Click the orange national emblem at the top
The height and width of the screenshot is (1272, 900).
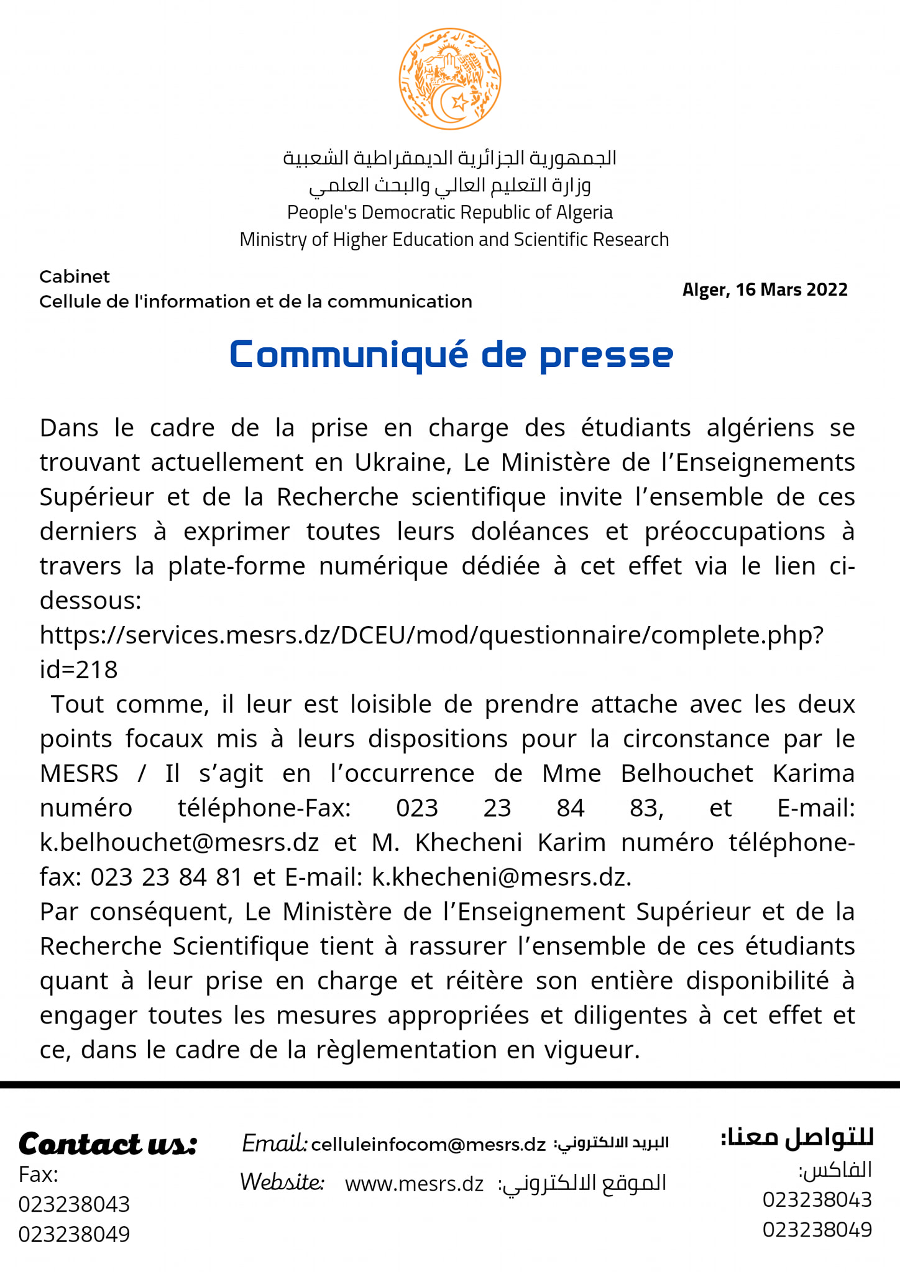449,79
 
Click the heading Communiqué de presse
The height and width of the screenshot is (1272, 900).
451,355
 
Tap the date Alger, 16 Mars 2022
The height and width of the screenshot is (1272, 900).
765,290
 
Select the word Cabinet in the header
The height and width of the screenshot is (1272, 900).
75,276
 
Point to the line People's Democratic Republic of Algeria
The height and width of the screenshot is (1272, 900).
449,212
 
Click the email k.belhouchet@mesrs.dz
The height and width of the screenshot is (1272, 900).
179,843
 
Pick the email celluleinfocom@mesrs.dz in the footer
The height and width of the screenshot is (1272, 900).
428,1144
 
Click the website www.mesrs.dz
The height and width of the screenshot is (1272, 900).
414,1184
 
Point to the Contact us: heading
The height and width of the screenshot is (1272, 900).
108,1144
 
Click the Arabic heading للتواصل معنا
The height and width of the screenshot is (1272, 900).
797,1137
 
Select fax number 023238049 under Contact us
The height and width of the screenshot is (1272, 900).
74,1234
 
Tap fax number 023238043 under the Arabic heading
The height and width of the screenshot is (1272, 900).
817,1199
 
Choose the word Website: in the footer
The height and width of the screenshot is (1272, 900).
282,1182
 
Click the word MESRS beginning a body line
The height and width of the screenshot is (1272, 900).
79,774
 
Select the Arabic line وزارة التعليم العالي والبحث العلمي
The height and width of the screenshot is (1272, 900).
449,185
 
